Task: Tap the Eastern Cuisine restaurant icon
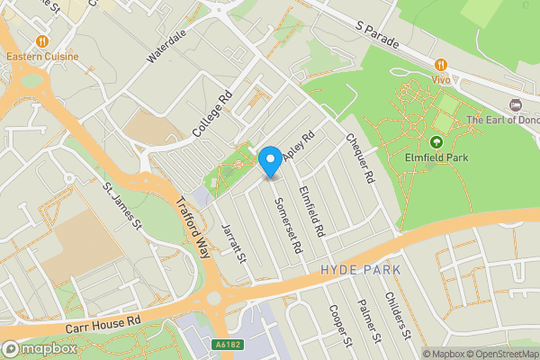click(x=41, y=41)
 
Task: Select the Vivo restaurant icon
click(x=440, y=64)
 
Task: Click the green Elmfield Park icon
click(x=436, y=142)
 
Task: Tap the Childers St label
click(x=398, y=316)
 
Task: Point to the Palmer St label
click(x=370, y=322)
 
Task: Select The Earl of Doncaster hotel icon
click(x=515, y=106)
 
